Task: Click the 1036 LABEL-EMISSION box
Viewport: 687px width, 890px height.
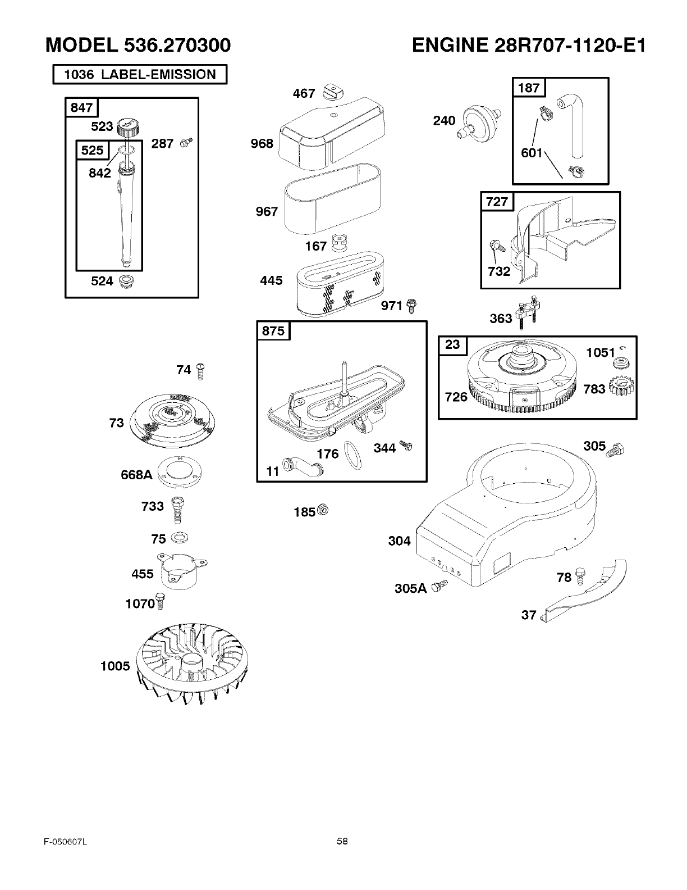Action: coord(140,75)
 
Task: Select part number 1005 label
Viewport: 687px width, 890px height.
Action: coord(115,666)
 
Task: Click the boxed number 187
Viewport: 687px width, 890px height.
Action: coord(529,87)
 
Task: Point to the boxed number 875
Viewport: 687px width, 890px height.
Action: coord(273,331)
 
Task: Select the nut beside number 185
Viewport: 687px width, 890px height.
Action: coord(323,510)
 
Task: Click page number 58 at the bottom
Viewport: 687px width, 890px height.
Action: coord(342,841)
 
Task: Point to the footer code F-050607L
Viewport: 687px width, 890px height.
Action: coord(65,841)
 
